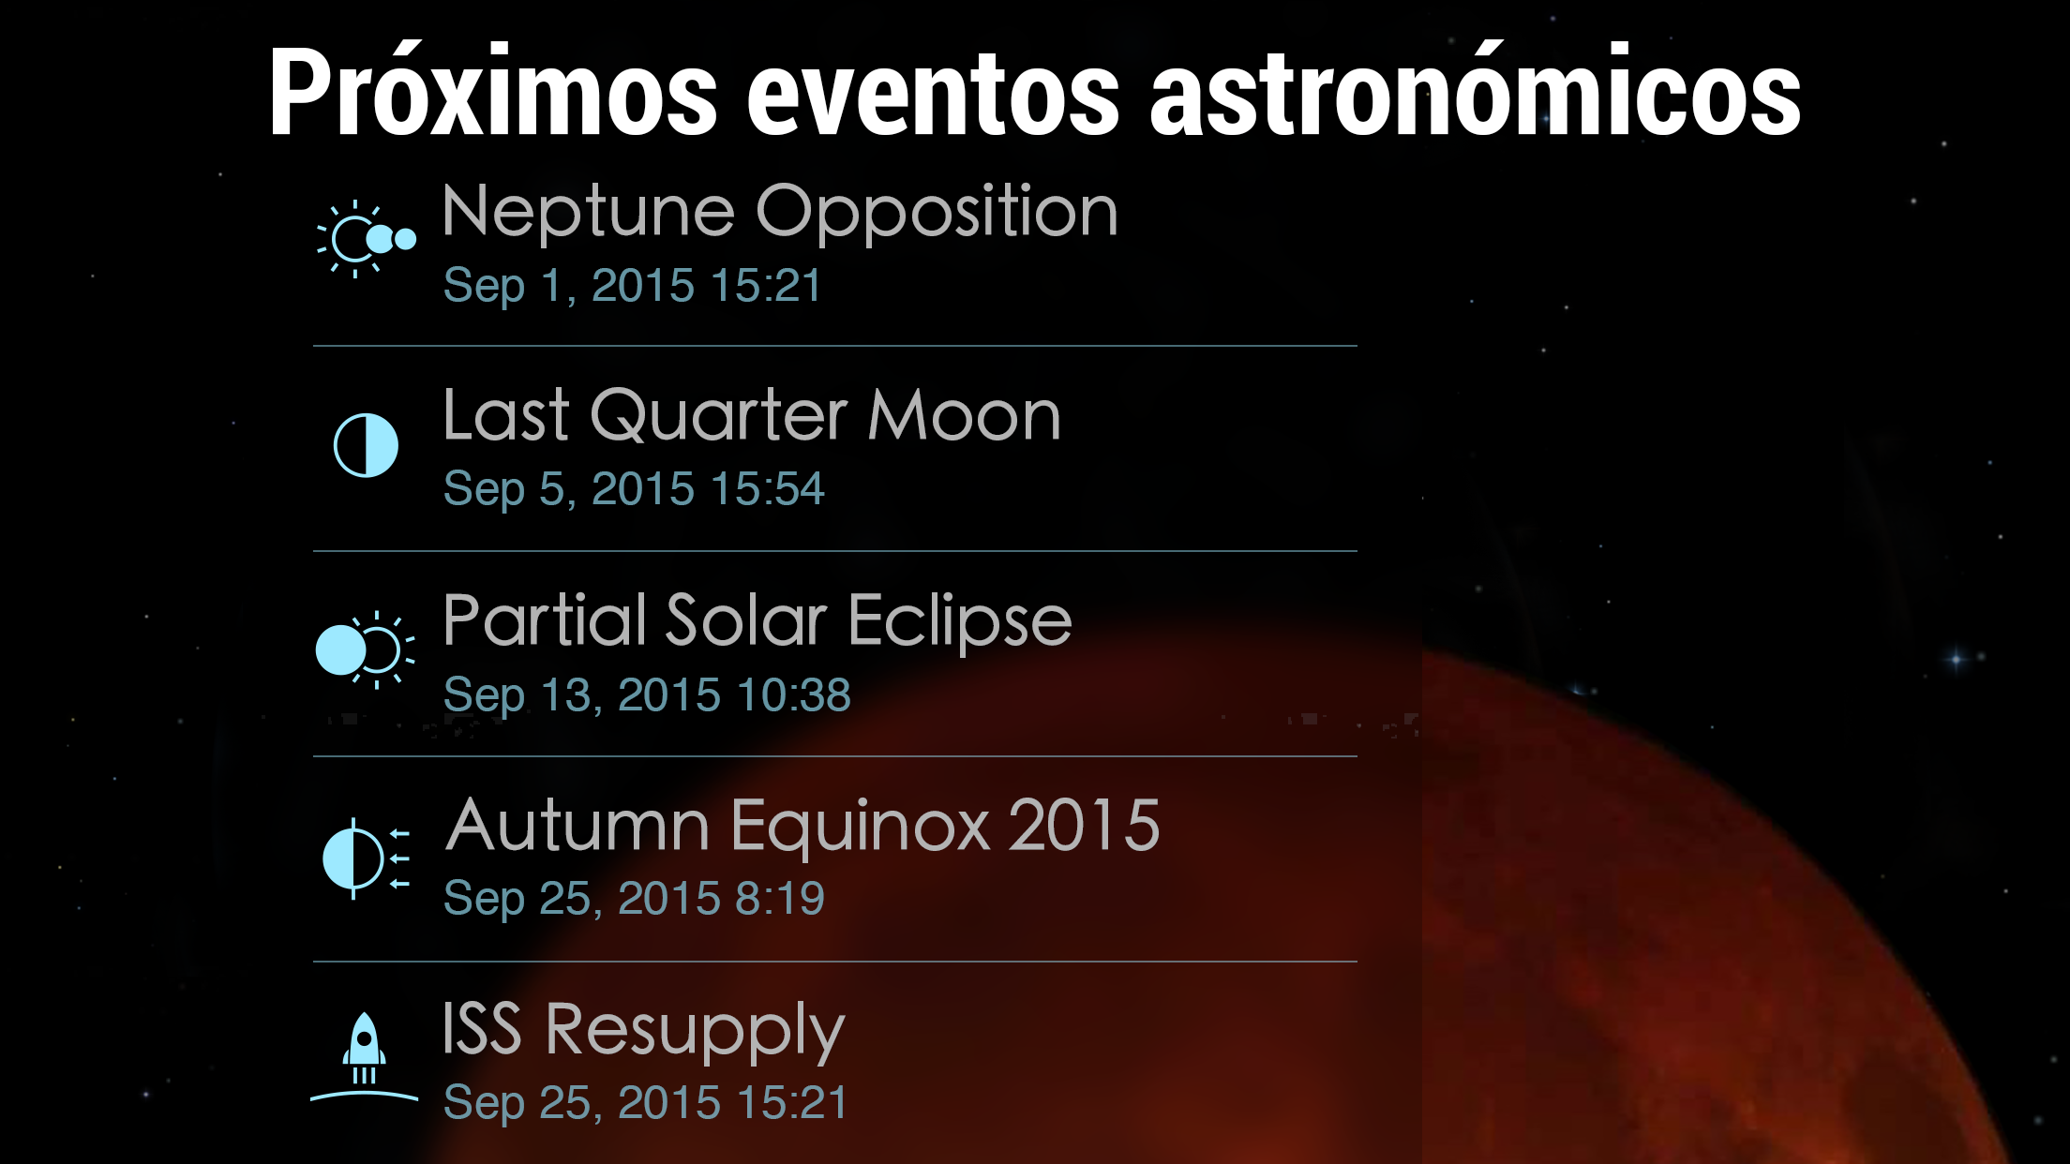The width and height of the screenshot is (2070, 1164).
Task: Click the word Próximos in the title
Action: pos(493,92)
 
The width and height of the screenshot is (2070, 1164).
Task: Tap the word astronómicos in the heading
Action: pos(1475,92)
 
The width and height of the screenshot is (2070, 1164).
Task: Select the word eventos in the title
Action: pos(933,97)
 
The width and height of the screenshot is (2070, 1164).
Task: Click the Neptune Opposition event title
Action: pos(780,215)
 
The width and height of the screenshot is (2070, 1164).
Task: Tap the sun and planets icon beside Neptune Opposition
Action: pos(366,239)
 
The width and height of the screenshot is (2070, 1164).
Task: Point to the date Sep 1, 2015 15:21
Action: pos(633,287)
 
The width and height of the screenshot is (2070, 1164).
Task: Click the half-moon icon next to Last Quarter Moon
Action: pos(366,445)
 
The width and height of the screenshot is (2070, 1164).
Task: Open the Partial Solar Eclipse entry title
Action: pos(757,622)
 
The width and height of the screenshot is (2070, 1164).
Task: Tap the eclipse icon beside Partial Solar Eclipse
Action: pos(365,649)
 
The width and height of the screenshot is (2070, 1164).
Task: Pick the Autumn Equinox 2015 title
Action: pos(803,827)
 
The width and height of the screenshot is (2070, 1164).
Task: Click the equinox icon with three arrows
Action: pos(366,858)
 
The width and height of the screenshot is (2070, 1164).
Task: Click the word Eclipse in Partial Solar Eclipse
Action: pos(960,622)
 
